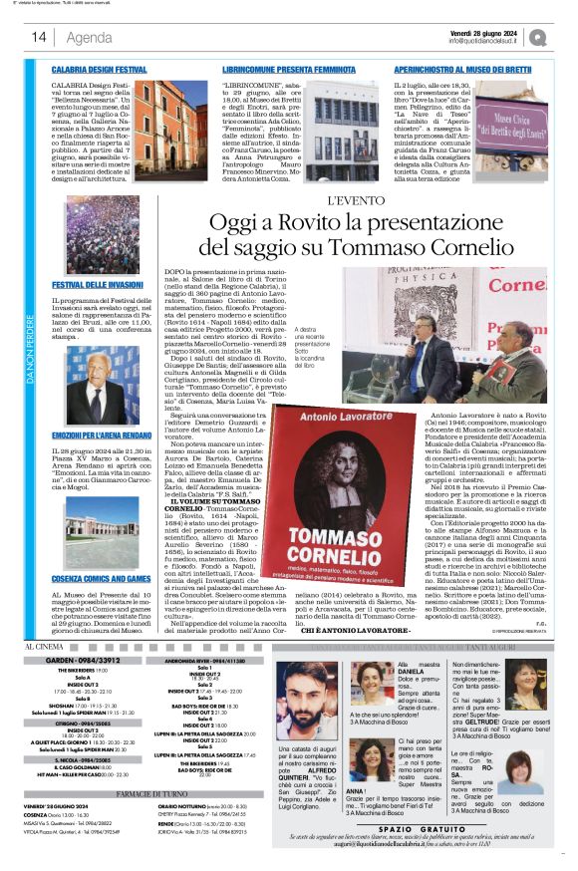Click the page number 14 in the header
[x=32, y=39]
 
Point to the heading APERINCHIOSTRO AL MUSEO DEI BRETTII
[x=448, y=70]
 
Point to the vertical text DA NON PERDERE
[x=31, y=354]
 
